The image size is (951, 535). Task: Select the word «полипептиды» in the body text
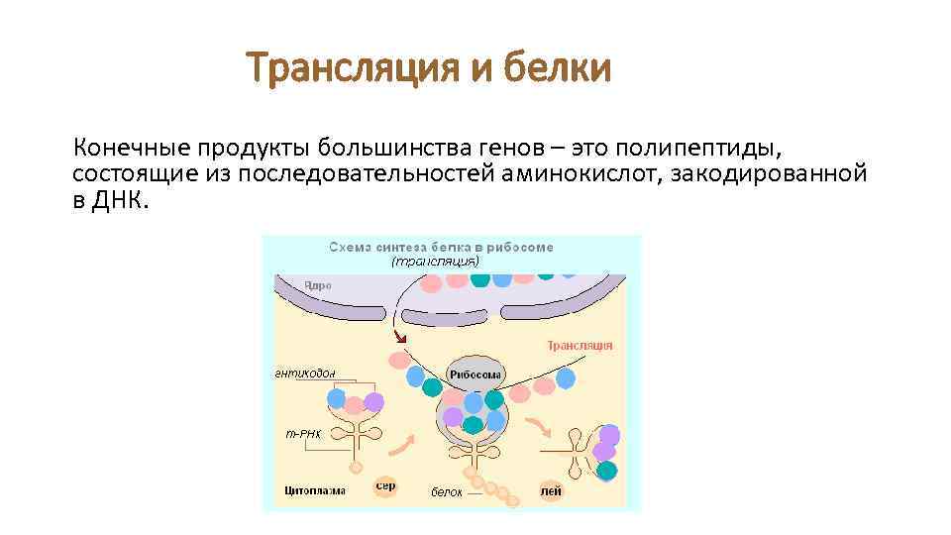click(x=698, y=149)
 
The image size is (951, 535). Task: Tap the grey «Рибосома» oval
click(x=476, y=374)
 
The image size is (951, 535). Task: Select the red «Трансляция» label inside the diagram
click(x=580, y=346)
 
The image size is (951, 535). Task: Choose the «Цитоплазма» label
click(x=308, y=491)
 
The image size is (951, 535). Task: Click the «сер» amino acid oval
click(x=384, y=486)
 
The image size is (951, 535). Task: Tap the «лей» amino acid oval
click(x=551, y=490)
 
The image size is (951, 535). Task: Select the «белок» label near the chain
click(x=446, y=492)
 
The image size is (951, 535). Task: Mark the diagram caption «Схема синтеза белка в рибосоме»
click(x=441, y=247)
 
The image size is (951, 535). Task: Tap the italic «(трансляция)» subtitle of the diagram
click(x=435, y=262)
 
